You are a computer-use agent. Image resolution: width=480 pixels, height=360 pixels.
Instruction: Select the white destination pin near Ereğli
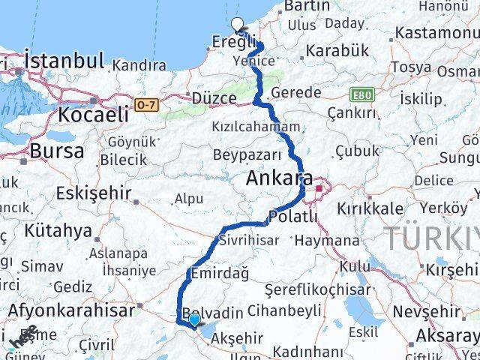pos(238,25)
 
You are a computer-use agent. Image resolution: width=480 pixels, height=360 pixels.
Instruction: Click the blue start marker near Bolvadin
pos(194,320)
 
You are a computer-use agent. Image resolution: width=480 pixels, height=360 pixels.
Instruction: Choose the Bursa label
pos(56,151)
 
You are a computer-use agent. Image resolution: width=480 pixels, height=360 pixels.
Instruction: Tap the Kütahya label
pos(57,229)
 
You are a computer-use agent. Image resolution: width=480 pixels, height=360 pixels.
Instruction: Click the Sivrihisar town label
pos(249,240)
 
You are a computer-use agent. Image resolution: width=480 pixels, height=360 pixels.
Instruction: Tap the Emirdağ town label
pos(220,274)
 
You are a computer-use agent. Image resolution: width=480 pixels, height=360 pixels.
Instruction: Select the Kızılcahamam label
pos(255,127)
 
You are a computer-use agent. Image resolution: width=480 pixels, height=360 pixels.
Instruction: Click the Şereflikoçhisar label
pos(317,290)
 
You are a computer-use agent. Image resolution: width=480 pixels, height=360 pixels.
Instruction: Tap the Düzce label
pos(213,98)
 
